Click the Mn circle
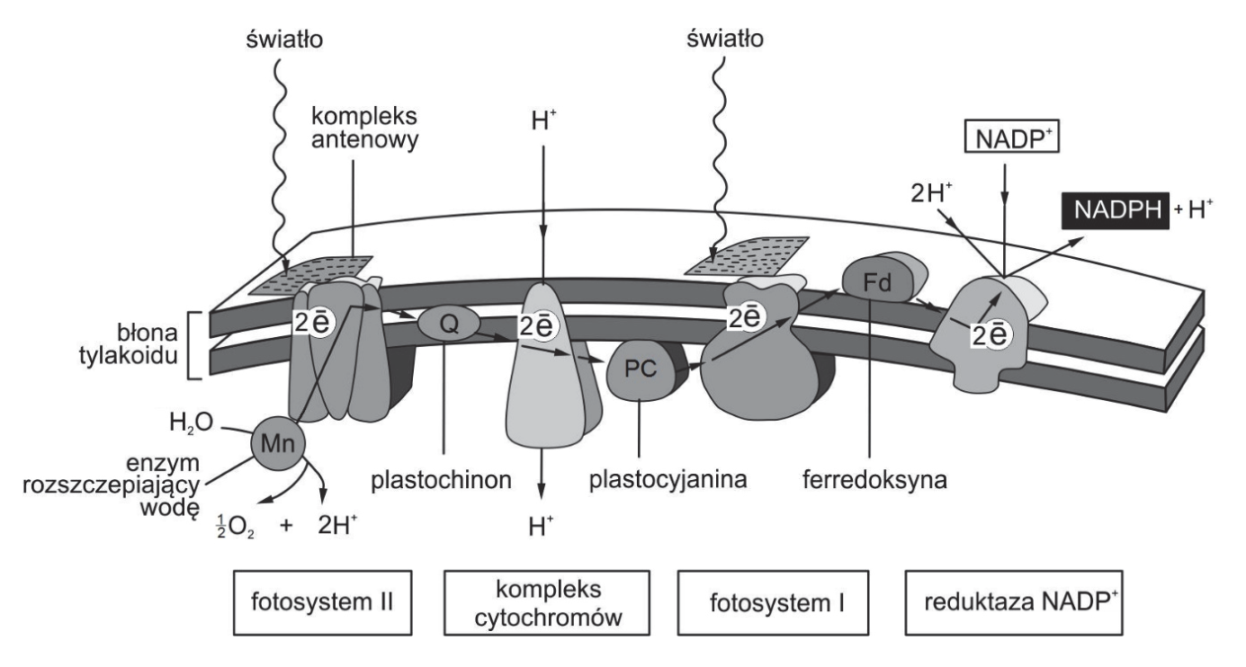click(278, 443)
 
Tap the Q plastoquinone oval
click(449, 324)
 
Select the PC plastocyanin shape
click(640, 369)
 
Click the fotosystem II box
click(323, 602)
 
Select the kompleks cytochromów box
click(547, 602)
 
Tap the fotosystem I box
click(773, 602)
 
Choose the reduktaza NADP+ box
click(1014, 602)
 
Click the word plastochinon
click(441, 480)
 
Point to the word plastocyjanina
click(668, 479)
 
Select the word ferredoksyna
click(875, 480)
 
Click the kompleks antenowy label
click(364, 129)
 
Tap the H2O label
click(192, 423)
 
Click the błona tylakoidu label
click(129, 344)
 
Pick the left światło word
click(284, 39)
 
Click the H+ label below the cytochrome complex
click(541, 526)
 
